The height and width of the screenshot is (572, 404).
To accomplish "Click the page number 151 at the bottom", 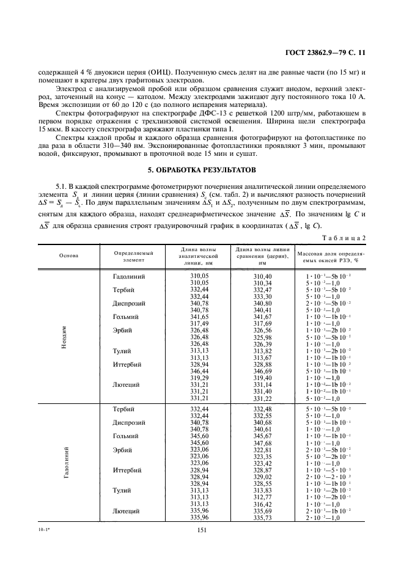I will (204, 530).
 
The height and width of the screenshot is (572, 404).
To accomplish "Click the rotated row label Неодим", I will (64, 335).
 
